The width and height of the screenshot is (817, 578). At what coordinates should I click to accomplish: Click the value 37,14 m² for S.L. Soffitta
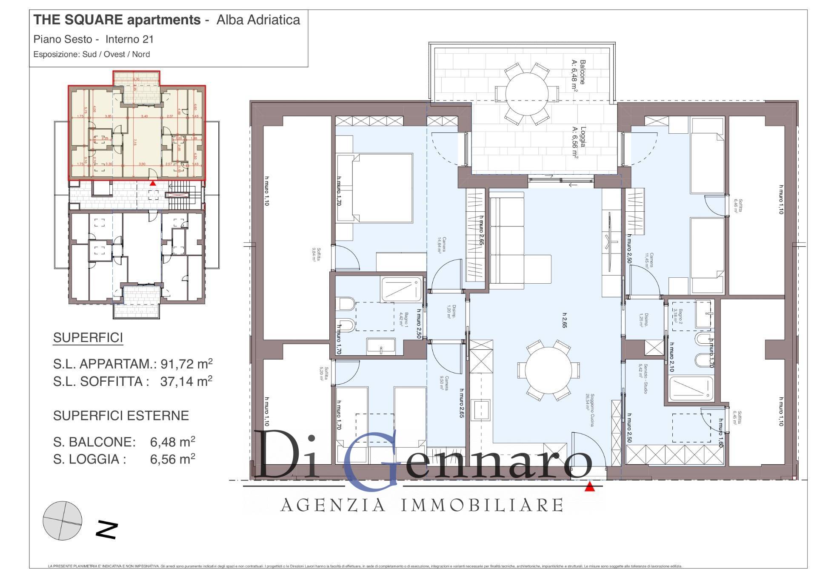tap(186, 381)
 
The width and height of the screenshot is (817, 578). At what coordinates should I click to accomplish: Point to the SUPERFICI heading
tap(88, 338)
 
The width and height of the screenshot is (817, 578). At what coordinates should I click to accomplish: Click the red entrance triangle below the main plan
tap(589, 487)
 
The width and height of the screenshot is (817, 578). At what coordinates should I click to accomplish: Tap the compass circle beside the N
tap(62, 520)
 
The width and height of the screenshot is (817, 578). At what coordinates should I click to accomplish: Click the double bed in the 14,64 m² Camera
tap(374, 187)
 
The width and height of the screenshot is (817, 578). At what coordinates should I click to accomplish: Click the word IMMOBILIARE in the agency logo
tap(483, 506)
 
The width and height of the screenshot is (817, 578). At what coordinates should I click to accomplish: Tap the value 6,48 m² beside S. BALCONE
tap(172, 442)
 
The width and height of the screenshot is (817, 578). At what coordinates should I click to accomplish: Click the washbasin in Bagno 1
tap(381, 347)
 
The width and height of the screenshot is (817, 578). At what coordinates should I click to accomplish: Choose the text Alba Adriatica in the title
tap(258, 20)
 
